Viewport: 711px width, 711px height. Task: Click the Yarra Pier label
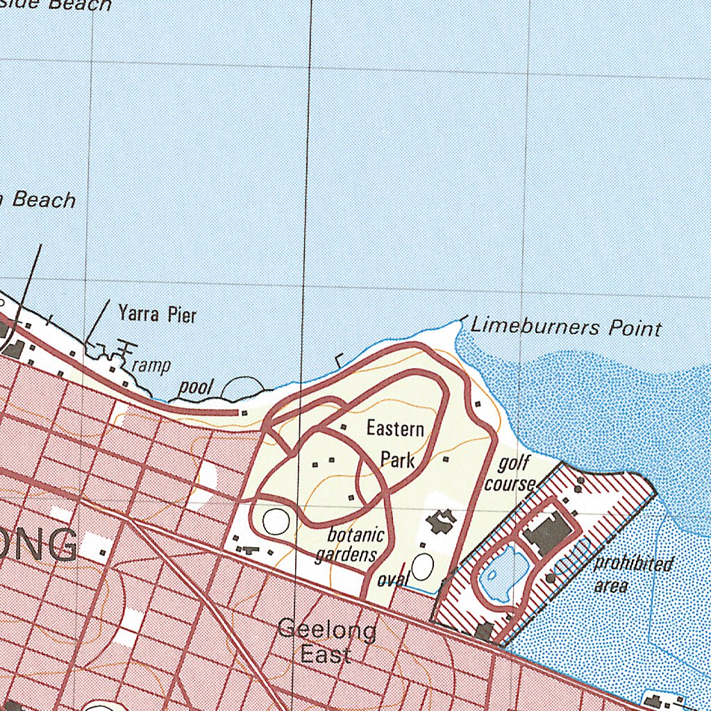click(158, 315)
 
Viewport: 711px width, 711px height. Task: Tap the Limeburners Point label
click(566, 326)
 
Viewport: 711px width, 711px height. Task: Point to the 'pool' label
click(195, 387)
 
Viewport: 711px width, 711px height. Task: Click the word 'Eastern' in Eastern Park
click(395, 428)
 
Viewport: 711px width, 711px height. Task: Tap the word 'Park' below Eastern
click(398, 459)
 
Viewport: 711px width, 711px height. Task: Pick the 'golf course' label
click(510, 473)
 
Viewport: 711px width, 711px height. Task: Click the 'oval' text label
click(392, 579)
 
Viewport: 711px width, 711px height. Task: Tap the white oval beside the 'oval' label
click(422, 567)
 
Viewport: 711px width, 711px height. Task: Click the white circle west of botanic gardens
click(276, 521)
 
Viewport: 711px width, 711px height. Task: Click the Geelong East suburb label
click(326, 642)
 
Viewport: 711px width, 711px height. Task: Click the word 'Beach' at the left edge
click(44, 200)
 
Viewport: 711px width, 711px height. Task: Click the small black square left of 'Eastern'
click(344, 426)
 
